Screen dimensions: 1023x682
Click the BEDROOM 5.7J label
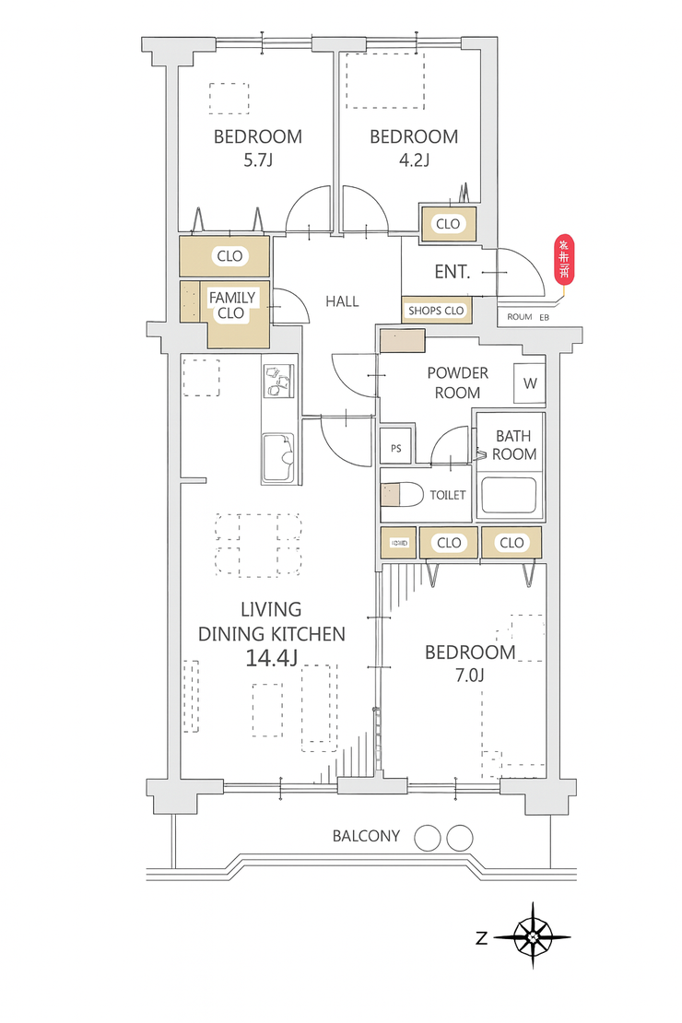tap(258, 147)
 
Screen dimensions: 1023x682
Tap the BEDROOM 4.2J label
tap(414, 147)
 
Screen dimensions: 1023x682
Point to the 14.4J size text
tap(271, 658)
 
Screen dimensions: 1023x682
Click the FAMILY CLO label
tap(231, 305)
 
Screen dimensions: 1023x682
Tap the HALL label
tap(342, 301)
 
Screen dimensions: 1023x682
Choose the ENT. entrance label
tap(453, 273)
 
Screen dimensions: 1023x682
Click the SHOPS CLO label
tap(436, 312)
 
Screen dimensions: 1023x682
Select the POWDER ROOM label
tap(457, 382)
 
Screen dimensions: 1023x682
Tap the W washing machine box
tap(530, 382)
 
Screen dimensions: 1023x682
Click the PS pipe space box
tap(396, 449)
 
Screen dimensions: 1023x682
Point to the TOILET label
tap(448, 496)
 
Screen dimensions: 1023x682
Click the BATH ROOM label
tap(513, 444)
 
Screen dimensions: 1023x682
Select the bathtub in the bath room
tap(510, 498)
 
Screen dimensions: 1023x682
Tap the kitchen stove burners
tap(277, 380)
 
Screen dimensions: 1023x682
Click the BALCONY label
tap(367, 837)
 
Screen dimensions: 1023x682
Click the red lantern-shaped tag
tap(563, 260)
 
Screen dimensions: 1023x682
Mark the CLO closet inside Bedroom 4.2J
tap(448, 224)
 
